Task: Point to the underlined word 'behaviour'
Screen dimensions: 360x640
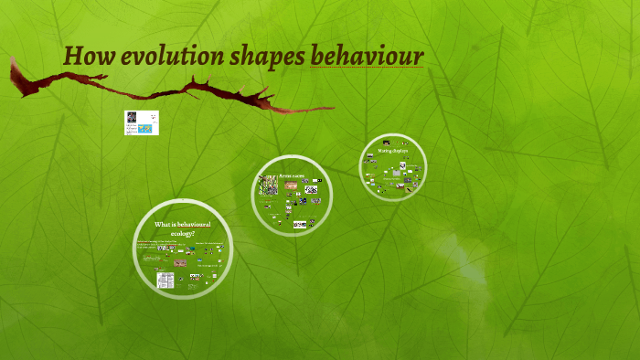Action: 367,57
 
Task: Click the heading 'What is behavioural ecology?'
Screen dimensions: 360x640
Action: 182,228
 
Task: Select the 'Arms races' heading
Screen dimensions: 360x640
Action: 291,175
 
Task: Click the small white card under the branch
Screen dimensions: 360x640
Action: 142,122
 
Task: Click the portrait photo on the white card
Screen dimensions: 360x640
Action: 132,118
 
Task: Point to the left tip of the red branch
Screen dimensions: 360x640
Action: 13,62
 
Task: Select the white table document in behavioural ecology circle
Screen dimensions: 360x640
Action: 165,280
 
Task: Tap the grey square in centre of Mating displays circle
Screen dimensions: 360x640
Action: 393,166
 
